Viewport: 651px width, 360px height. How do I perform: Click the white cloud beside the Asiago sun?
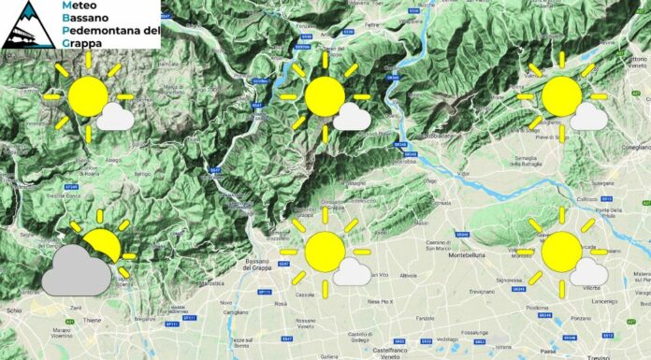(x=115, y=117)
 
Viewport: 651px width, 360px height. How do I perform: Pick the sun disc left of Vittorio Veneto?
(x=562, y=97)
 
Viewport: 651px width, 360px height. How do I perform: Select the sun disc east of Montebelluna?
(x=562, y=252)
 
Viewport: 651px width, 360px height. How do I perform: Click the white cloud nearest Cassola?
(x=352, y=272)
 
